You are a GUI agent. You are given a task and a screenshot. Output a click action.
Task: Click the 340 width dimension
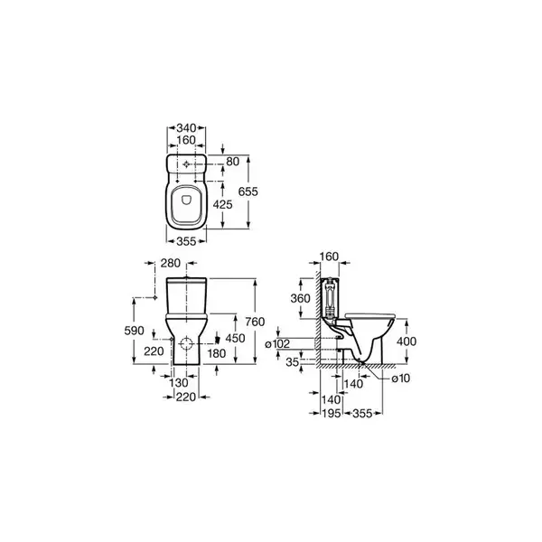click(186, 128)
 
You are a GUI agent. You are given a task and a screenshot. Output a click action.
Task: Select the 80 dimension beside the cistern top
click(233, 161)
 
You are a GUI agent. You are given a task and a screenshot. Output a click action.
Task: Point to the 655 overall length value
click(248, 192)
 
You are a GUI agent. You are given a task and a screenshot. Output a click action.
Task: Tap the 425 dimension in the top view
click(222, 205)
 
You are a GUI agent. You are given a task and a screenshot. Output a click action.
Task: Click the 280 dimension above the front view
click(171, 263)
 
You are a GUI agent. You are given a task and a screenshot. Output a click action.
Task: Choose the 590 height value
click(134, 331)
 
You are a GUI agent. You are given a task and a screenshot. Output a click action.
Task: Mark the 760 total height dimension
click(255, 322)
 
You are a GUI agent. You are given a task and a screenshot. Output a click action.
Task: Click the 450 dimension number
click(235, 338)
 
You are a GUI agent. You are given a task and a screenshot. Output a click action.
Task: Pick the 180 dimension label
click(217, 353)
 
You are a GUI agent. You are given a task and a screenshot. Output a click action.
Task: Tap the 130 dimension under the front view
click(179, 383)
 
